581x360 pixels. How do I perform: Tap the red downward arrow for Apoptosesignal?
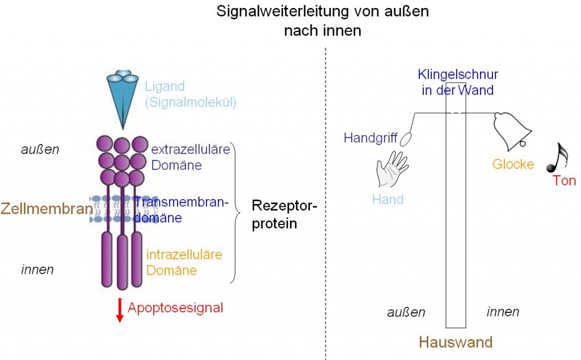pyautogui.click(x=120, y=310)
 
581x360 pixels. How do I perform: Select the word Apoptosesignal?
pyautogui.click(x=175, y=308)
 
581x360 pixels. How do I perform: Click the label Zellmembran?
pyautogui.click(x=47, y=209)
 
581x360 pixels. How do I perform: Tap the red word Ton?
pyautogui.click(x=564, y=181)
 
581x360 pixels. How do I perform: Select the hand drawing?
pyautogui.click(x=391, y=168)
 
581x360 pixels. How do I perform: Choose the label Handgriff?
pyautogui.click(x=371, y=138)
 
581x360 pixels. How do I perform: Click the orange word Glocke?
pyautogui.click(x=512, y=164)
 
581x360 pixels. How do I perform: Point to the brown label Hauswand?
pyautogui.click(x=455, y=342)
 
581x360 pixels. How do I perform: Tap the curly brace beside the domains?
pyautogui.click(x=235, y=213)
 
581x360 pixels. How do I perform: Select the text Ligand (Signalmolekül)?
pyautogui.click(x=190, y=95)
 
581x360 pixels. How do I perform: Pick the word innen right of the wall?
pyautogui.click(x=503, y=312)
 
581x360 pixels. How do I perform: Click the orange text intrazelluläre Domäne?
pyautogui.click(x=183, y=262)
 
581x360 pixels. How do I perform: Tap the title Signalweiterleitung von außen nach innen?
pyautogui.click(x=322, y=20)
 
